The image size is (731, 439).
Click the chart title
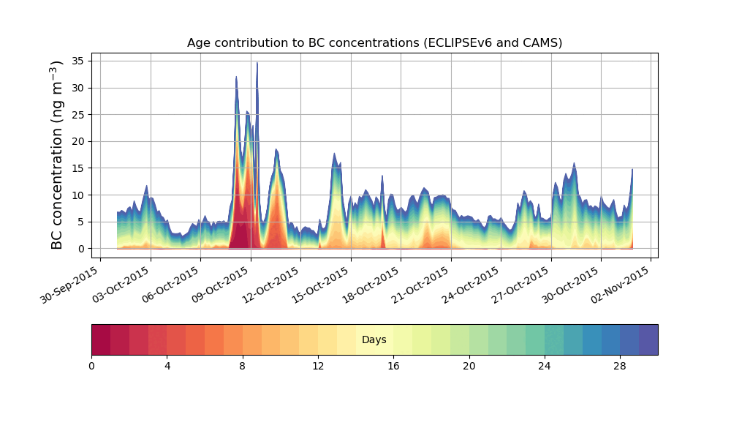[374, 42]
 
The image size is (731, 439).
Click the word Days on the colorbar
[374, 340]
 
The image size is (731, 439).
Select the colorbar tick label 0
[91, 366]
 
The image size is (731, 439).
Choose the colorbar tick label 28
[620, 366]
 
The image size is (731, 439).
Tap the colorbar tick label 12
[318, 366]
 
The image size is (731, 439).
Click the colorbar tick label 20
[469, 366]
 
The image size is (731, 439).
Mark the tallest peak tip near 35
[257, 64]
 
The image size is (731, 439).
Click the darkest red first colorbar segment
[101, 339]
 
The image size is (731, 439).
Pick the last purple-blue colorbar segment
[648, 339]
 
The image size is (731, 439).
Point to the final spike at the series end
[632, 170]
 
